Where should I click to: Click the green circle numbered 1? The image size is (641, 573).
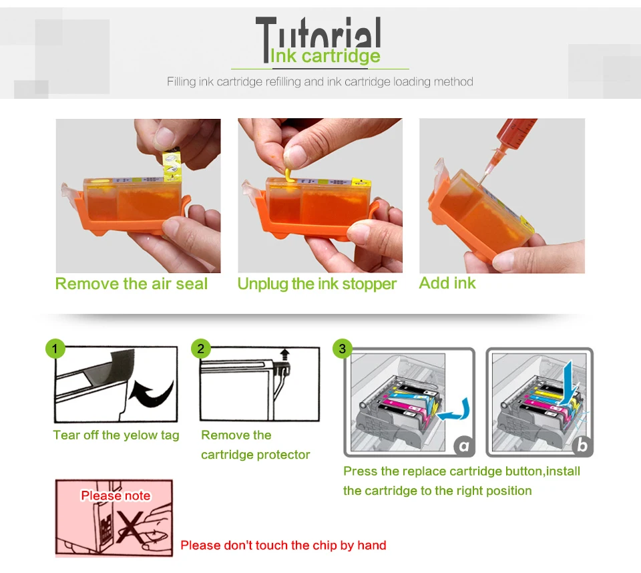[55, 349]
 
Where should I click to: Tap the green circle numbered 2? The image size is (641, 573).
[201, 349]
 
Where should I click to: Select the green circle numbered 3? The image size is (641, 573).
[343, 349]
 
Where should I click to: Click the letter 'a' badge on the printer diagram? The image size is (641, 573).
[464, 445]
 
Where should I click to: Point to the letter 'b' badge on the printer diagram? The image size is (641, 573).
[582, 445]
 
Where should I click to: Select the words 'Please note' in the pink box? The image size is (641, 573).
[116, 496]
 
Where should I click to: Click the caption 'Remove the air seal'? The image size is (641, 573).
[132, 284]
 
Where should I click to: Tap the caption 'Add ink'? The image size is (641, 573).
[447, 283]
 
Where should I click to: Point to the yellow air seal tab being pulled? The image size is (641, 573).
[172, 165]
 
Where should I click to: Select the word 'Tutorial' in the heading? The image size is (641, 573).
[318, 33]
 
